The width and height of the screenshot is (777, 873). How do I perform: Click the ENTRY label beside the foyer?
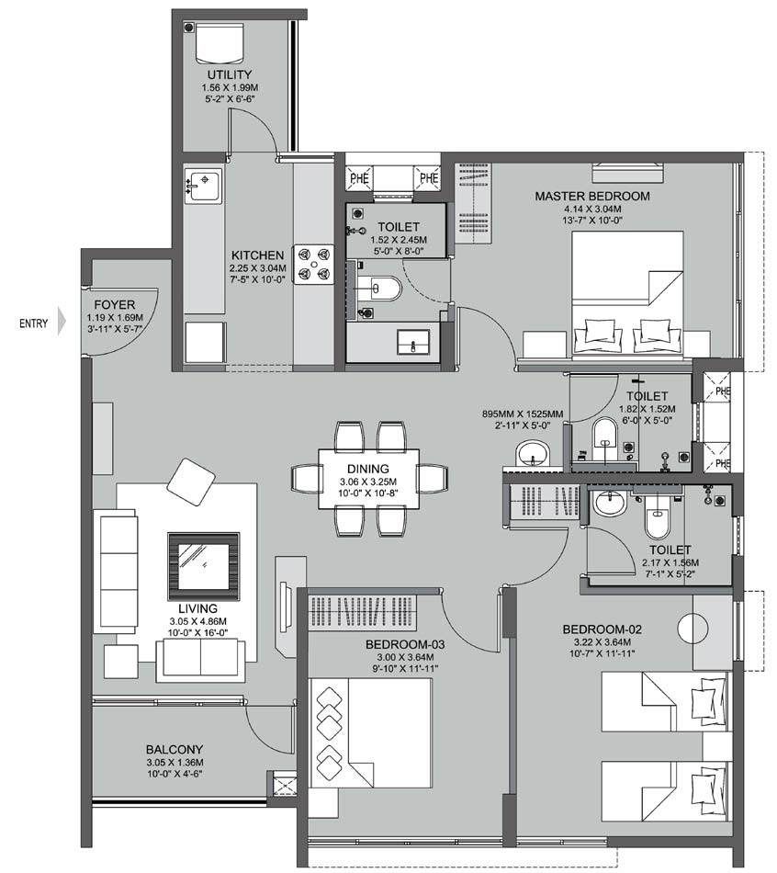(x=34, y=323)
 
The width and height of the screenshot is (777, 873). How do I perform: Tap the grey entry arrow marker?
(x=62, y=323)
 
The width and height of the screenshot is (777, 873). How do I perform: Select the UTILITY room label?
(x=229, y=75)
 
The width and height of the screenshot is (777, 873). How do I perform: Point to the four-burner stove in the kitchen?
(x=312, y=261)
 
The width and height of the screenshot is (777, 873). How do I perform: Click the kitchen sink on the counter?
(x=203, y=185)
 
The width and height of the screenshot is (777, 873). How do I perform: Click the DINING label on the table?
(x=369, y=469)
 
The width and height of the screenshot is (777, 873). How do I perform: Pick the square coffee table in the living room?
(x=202, y=561)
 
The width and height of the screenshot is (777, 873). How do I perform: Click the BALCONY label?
(x=174, y=749)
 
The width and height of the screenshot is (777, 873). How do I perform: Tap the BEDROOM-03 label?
(x=404, y=645)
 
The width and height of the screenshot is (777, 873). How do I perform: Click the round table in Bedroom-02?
(x=695, y=629)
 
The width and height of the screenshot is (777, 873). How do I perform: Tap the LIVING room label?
(x=198, y=608)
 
